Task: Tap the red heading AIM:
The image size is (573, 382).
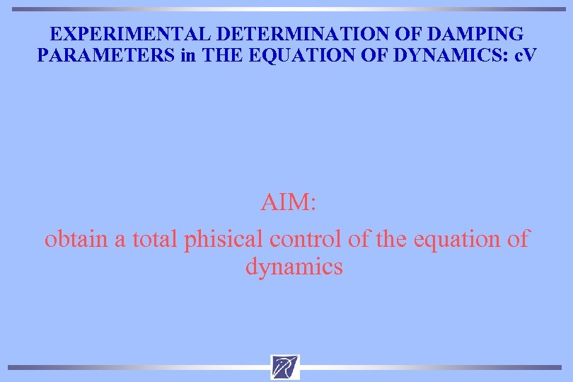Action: click(x=288, y=203)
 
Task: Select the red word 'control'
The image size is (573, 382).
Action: click(x=306, y=239)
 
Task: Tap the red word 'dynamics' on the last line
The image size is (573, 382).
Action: click(x=294, y=267)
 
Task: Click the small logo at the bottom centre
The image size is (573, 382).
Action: click(x=285, y=367)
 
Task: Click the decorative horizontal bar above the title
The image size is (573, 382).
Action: click(x=286, y=9)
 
